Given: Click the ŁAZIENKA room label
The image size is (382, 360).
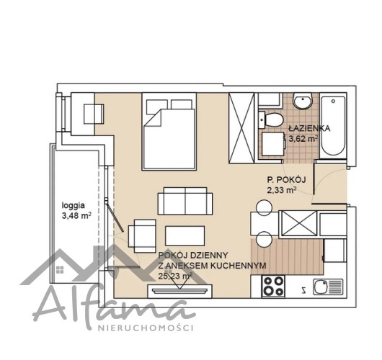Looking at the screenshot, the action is coord(309,127).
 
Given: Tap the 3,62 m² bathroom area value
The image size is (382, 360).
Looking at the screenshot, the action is coord(303,138).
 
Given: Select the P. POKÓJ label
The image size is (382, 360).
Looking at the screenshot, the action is coord(286,180).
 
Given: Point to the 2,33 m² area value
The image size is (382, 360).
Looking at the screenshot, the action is coord(282,190).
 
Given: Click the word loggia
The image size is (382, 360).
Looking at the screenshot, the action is coord(74,206).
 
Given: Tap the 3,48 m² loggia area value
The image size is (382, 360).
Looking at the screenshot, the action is coord(76,216).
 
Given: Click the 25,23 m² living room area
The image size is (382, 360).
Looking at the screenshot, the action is coord(175,276).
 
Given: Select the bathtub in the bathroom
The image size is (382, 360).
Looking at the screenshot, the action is coord(333,126).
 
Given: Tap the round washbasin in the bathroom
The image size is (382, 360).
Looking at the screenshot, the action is coord(303,101).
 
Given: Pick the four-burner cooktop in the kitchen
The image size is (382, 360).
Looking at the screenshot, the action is coord(273,287).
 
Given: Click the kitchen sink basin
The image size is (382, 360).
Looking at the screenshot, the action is coord(321,287).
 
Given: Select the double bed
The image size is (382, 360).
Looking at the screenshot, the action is coord(169,132).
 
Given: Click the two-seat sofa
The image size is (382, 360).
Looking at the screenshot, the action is coord(185,201).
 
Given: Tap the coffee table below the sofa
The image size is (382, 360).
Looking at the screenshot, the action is coord(185,236).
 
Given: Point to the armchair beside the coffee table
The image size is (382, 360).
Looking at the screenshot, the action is coord(142,236).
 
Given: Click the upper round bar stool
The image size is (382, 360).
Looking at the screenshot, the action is coord(264,207).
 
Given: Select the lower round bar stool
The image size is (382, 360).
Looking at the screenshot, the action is coord(264,239).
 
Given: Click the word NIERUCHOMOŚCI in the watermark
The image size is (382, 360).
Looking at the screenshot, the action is coord(146,328).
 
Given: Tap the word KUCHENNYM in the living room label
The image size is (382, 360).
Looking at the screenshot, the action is coord(238,266).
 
